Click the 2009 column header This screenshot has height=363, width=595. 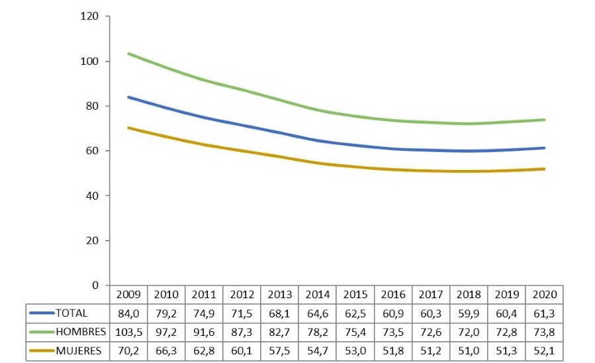click(128, 294)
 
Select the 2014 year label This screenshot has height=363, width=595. click(318, 294)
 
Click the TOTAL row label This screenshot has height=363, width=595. click(71, 313)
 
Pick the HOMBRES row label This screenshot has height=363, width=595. click(80, 332)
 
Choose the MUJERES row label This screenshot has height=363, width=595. click(79, 351)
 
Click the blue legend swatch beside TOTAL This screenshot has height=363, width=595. click(42, 313)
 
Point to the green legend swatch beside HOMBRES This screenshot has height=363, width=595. click(42, 333)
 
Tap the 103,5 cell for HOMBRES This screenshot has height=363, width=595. click(128, 332)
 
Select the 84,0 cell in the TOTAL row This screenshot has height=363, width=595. click(128, 313)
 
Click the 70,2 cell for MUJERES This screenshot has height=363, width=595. click(128, 351)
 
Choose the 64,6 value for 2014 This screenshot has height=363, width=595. click(318, 313)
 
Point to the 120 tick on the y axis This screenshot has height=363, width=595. click(90, 17)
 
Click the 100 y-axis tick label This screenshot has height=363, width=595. click(90, 61)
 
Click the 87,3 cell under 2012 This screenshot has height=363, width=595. click(242, 332)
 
